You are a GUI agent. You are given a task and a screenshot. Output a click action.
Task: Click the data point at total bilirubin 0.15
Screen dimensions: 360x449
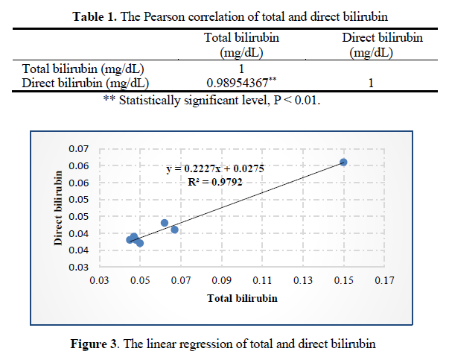pyautogui.click(x=343, y=162)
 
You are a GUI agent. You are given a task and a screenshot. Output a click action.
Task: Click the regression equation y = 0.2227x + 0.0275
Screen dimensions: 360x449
pyautogui.click(x=216, y=169)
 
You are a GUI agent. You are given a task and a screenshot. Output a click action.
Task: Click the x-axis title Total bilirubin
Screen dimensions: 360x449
pyautogui.click(x=241, y=298)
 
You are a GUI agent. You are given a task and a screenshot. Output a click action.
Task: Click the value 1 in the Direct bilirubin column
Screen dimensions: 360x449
pyautogui.click(x=370, y=83)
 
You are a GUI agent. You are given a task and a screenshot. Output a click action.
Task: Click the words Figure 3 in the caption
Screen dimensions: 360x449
pyautogui.click(x=93, y=344)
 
